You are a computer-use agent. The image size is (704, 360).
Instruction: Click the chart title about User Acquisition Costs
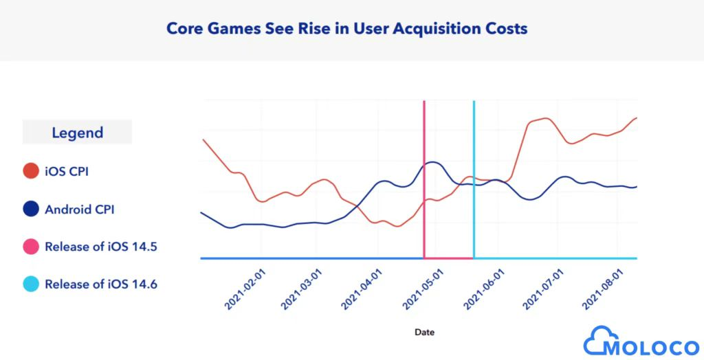click(347, 29)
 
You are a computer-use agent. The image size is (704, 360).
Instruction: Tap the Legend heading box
click(77, 133)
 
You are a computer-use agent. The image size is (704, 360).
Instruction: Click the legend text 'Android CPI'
click(79, 209)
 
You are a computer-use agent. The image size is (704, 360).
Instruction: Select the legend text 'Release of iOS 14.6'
click(101, 284)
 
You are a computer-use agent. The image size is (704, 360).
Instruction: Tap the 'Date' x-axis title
click(424, 332)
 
